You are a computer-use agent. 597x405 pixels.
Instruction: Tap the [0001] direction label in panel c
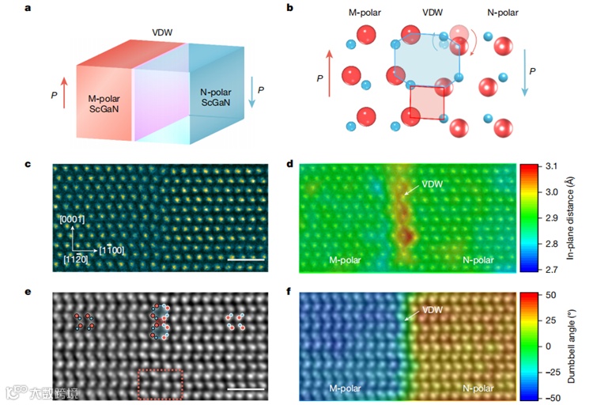pyautogui.click(x=71, y=219)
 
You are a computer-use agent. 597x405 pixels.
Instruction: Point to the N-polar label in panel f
pyautogui.click(x=480, y=388)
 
